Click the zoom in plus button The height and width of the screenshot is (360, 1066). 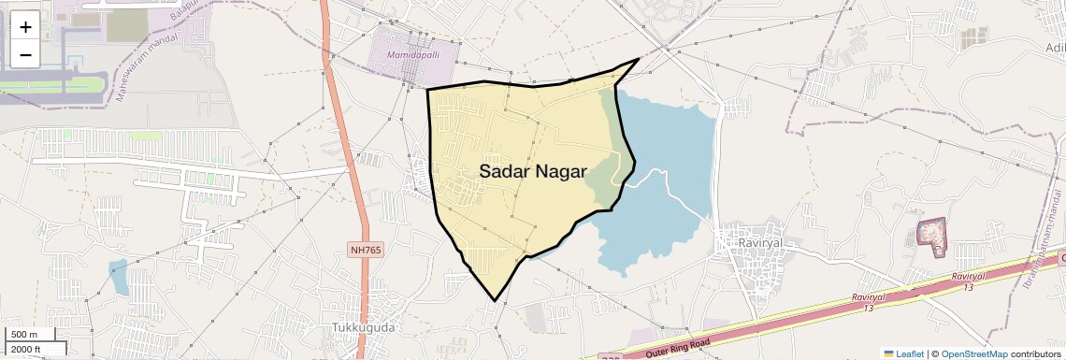(25, 26)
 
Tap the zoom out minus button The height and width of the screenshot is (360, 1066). (25, 54)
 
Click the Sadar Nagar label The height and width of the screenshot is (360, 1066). (532, 172)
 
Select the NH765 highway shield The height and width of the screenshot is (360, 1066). (367, 250)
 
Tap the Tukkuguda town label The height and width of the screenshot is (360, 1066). (364, 328)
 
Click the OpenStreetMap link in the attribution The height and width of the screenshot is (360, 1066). (973, 353)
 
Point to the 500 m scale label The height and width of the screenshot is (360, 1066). (24, 335)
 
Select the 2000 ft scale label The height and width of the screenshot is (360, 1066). (28, 349)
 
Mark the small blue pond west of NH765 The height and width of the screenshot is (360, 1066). (119, 278)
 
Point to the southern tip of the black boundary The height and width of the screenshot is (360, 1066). (495, 301)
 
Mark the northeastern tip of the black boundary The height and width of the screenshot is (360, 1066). (639, 59)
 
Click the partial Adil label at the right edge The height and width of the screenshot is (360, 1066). (1054, 48)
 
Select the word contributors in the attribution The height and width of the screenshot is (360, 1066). (1036, 353)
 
